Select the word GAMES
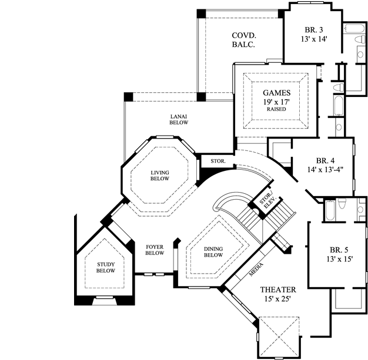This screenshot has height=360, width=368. tap(276, 92)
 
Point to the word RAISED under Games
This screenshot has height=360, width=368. tap(276, 109)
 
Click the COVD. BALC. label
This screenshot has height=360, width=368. tap(243, 40)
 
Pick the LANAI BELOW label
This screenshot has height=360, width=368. tap(179, 119)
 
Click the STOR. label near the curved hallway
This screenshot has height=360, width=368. tap(210, 161)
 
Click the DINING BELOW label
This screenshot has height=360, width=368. tap(213, 251)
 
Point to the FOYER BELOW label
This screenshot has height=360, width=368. tap(154, 250)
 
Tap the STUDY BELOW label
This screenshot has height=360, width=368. tap(106, 268)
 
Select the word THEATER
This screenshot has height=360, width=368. tap(278, 290)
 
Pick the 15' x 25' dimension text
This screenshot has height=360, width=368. tap(278, 301)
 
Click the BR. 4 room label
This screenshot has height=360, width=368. tap(325, 160)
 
